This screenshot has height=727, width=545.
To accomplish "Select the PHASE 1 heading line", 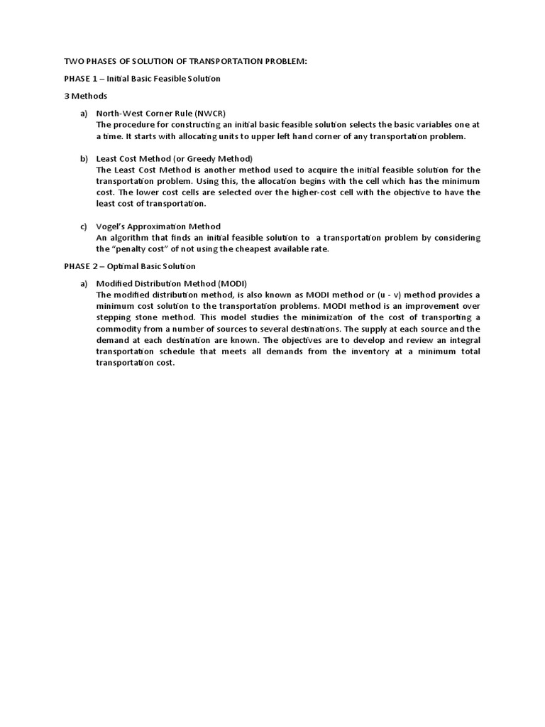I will point(142,79).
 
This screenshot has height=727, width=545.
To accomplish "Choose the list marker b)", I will point(83,158).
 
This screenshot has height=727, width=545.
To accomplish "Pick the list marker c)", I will point(83,226).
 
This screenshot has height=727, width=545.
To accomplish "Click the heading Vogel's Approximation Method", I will point(158,226).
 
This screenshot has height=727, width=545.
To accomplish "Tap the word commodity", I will point(120,329).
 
